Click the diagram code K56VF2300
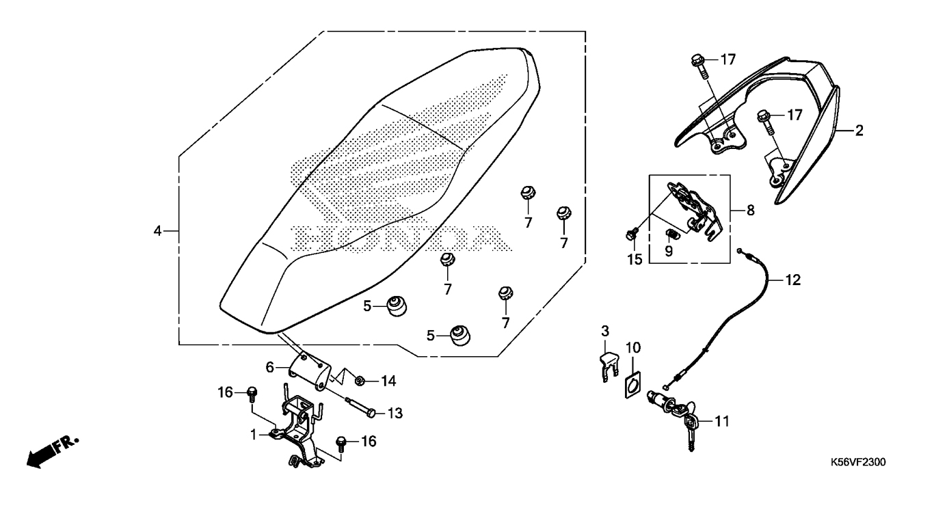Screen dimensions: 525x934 tap(858, 463)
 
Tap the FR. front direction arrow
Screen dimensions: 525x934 tap(51, 450)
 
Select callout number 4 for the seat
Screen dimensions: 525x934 tap(157, 232)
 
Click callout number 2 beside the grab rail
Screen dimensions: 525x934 tap(859, 131)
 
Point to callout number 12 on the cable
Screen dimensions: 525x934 tap(792, 280)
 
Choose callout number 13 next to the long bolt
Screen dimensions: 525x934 tap(395, 413)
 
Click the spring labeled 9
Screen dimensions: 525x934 tap(671, 236)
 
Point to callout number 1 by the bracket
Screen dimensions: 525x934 tap(254, 434)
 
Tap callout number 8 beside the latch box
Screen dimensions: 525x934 tap(750, 211)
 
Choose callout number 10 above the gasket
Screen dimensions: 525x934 tap(632, 347)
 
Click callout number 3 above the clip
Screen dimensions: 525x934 tap(605, 332)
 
